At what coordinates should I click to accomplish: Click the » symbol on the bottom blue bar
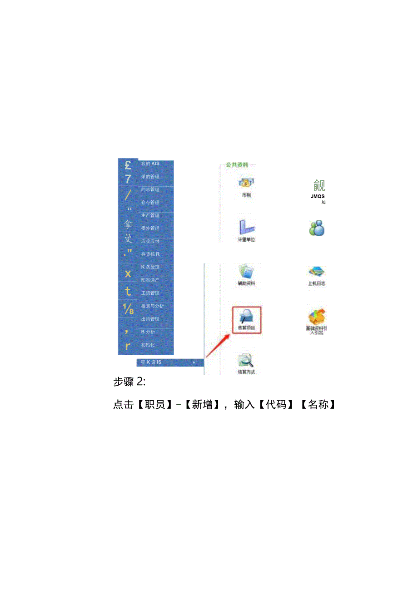(x=194, y=363)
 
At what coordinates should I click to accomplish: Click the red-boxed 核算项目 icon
(x=247, y=320)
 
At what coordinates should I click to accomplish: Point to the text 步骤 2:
(x=129, y=382)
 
